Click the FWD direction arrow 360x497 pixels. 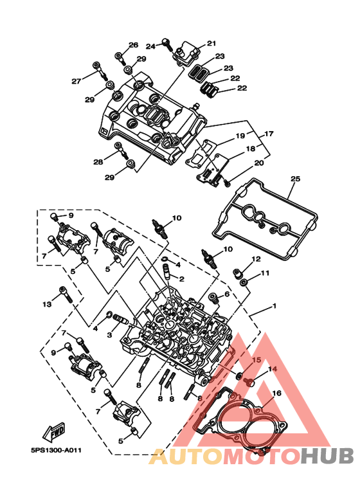(x=54, y=432)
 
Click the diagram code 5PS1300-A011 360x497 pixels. (x=56, y=450)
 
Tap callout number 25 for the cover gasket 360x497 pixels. (x=295, y=179)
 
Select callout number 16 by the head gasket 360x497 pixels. (x=276, y=393)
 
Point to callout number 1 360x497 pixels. (x=274, y=306)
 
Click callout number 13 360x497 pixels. (x=47, y=304)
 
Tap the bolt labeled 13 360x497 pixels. (x=66, y=294)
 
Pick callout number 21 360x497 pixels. (x=212, y=43)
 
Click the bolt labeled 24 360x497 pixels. (x=167, y=45)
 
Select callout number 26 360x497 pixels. (x=134, y=45)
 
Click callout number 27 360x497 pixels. (x=76, y=81)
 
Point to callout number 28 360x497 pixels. (x=98, y=162)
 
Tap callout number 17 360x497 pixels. (x=269, y=134)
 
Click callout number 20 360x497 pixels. (x=259, y=163)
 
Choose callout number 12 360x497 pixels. (x=256, y=259)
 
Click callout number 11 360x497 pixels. (x=265, y=273)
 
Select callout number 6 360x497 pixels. (x=227, y=294)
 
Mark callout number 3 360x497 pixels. (x=110, y=335)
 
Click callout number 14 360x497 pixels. (x=273, y=369)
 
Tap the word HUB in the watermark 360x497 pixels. (x=327, y=456)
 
